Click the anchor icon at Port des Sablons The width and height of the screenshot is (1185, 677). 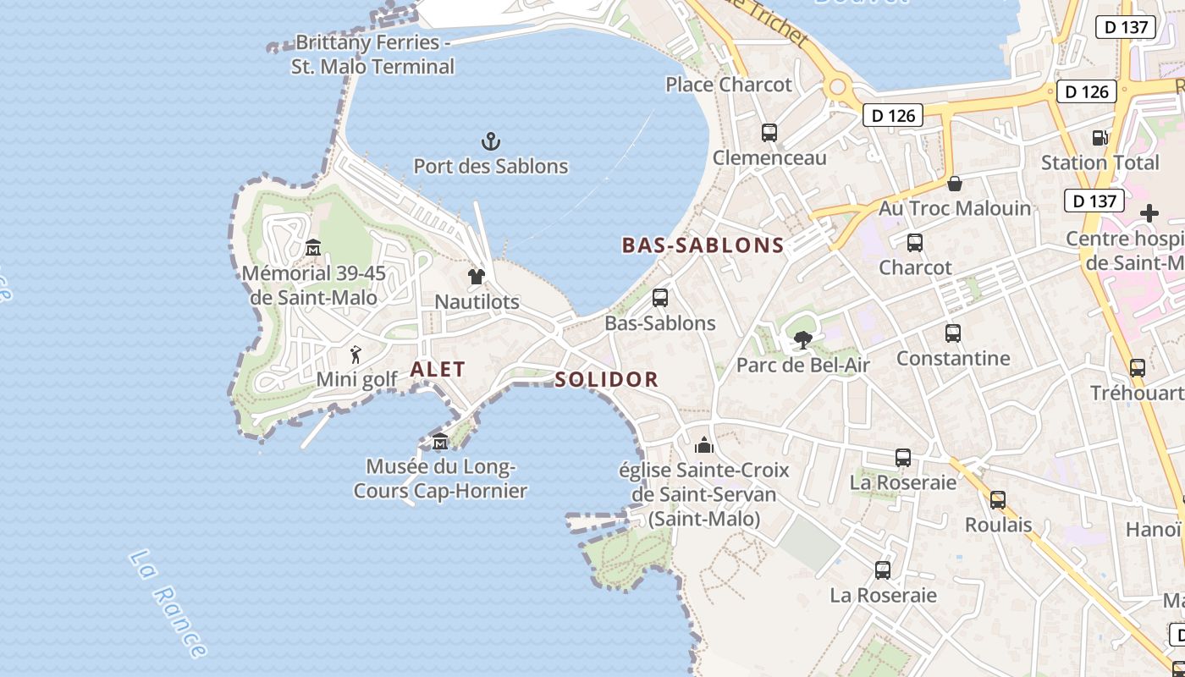pos(490,140)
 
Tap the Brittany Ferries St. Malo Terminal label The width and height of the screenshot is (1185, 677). pos(372,54)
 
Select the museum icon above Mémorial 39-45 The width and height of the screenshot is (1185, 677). pos(313,248)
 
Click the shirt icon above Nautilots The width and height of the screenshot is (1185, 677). pos(476,277)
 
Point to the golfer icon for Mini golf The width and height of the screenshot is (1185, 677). pos(355,355)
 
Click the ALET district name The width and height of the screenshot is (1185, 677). pos(438,369)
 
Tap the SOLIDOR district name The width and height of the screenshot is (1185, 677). pos(606,380)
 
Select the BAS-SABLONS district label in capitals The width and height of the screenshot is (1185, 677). pos(703,245)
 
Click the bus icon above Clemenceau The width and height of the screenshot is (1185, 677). pos(769,133)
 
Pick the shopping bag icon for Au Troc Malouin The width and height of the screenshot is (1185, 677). pos(955,184)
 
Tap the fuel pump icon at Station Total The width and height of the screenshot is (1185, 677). pos(1100,137)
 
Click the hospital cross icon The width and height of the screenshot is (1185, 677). pos(1149,213)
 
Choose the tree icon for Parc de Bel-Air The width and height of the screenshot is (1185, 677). pos(802,340)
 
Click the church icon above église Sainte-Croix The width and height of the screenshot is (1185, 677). pos(703,445)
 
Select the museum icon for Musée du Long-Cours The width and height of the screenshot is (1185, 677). pos(440,442)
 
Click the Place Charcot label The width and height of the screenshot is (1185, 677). pos(729,85)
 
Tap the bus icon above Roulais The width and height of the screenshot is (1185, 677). pos(998,500)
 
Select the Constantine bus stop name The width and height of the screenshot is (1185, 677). pos(953,359)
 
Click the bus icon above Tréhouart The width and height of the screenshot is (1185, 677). pos(1137,368)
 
